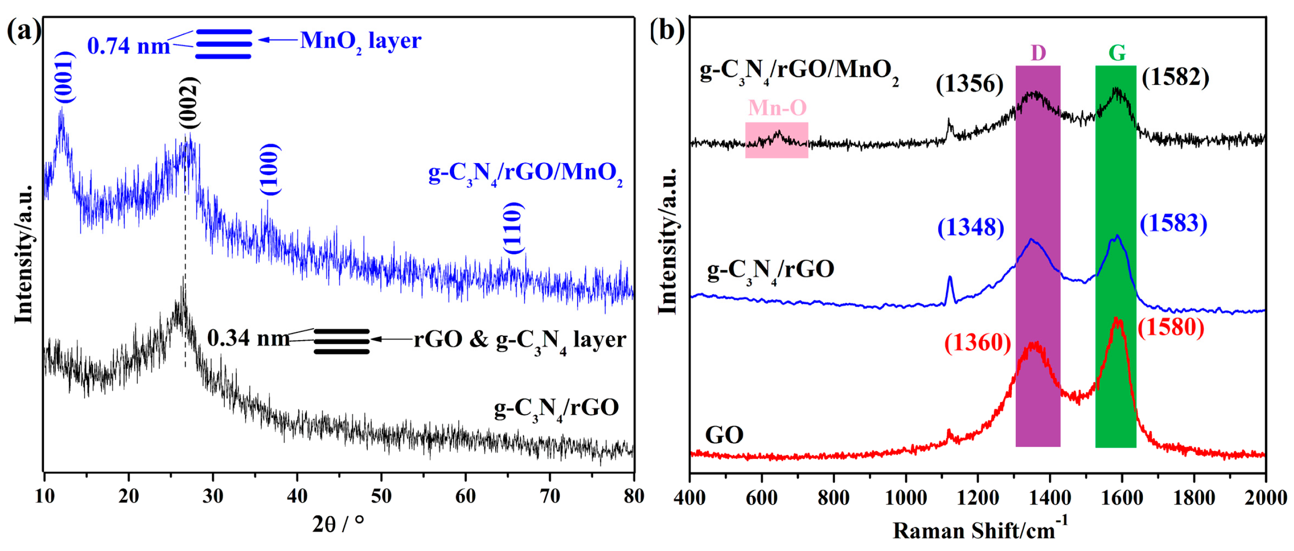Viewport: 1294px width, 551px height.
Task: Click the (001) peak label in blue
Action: click(x=65, y=77)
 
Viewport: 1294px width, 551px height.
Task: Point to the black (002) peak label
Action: click(x=189, y=103)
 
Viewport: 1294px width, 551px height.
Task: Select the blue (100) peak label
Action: click(x=270, y=169)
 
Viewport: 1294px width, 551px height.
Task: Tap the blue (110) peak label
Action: click(x=513, y=228)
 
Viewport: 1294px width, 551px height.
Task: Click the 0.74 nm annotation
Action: click(x=129, y=46)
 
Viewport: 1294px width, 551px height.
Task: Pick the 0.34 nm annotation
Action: click(x=248, y=338)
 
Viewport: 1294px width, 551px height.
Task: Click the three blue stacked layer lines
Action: click(x=224, y=44)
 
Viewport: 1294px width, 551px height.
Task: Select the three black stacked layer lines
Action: click(x=342, y=341)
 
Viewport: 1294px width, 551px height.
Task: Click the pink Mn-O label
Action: click(x=777, y=108)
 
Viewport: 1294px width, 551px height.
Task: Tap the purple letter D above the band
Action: click(x=1038, y=53)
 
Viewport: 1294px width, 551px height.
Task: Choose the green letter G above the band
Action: click(x=1117, y=53)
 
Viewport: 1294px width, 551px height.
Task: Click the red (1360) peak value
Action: click(x=978, y=343)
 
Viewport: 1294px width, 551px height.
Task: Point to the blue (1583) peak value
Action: click(x=1173, y=223)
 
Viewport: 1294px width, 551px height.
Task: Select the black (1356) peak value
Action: click(x=970, y=83)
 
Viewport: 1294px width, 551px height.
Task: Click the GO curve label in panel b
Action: click(x=724, y=435)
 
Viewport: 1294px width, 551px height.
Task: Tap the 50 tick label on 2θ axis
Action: click(x=381, y=496)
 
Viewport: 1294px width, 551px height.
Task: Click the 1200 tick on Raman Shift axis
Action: click(x=978, y=498)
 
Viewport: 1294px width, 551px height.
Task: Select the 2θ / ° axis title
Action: click(x=337, y=524)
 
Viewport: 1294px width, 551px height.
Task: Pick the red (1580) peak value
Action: click(x=1171, y=327)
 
